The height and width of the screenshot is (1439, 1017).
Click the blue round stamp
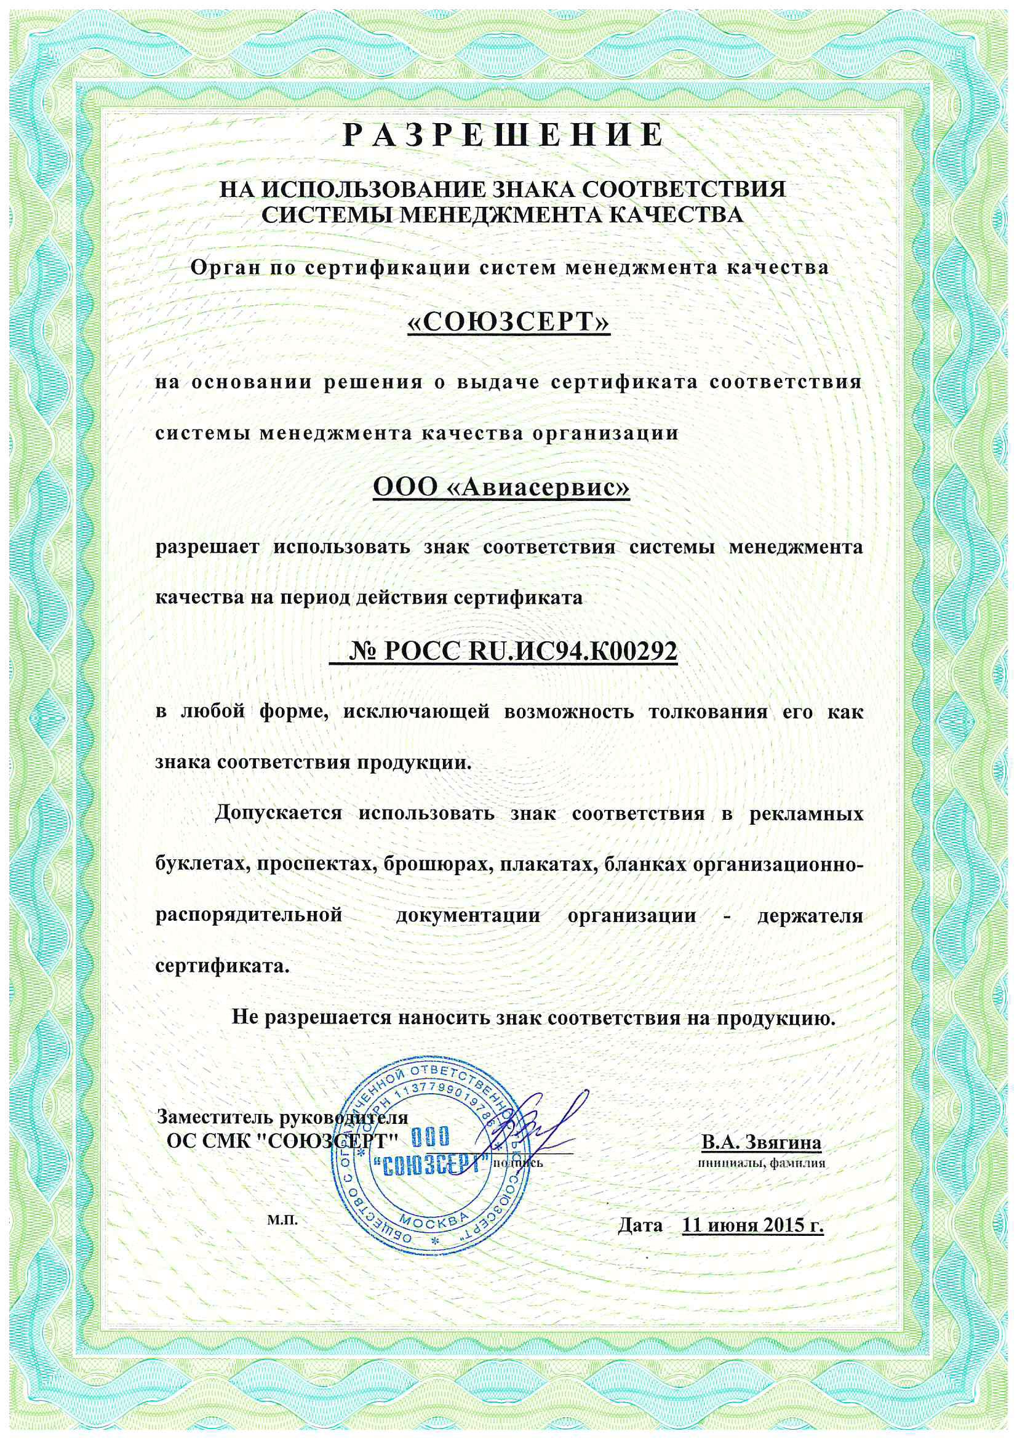pos(432,1168)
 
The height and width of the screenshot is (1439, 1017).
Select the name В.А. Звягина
pos(760,1142)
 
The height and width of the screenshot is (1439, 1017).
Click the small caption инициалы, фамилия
pos(761,1163)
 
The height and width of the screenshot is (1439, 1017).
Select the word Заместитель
pos(215,1117)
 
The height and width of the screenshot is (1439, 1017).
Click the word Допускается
pos(278,814)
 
